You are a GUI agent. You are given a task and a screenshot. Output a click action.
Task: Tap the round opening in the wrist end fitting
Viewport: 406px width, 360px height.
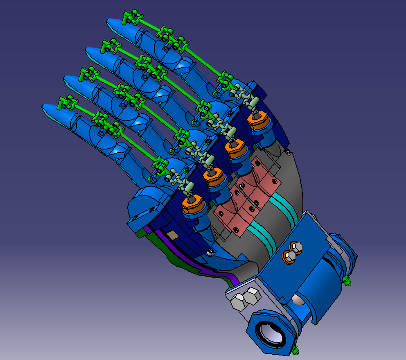point(271,332)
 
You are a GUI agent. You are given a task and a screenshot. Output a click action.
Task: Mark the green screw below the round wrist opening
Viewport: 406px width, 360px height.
point(295,351)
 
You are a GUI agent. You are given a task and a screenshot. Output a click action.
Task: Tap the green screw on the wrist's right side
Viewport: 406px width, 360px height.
point(347,281)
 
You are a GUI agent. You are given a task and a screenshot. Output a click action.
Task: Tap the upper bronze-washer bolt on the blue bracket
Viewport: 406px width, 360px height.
point(295,247)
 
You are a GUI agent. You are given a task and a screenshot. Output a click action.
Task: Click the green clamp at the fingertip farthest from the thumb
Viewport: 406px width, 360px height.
point(132,18)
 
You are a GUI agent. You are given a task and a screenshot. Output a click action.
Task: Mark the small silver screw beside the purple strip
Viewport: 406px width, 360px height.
point(211,251)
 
